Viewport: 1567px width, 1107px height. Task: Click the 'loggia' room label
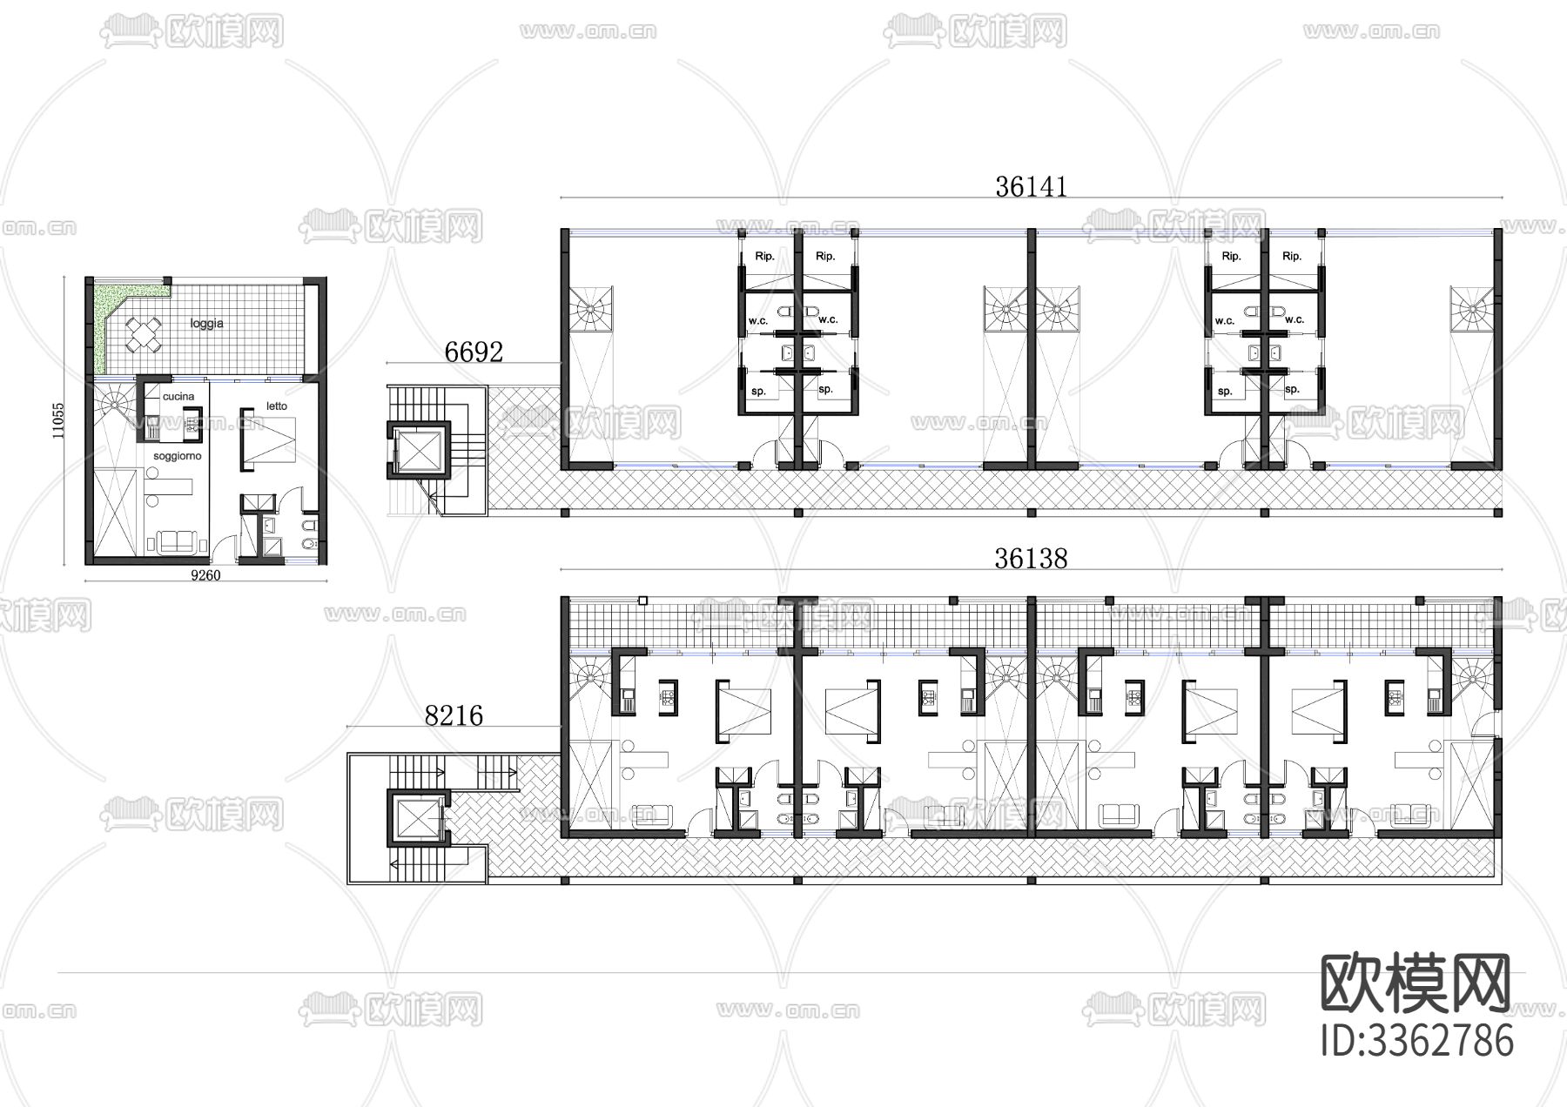(206, 323)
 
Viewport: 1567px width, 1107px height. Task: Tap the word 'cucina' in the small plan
(178, 396)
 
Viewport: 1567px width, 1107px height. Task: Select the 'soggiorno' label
(178, 456)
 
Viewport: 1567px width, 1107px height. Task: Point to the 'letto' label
(277, 406)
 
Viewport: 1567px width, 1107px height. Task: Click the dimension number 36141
(1031, 186)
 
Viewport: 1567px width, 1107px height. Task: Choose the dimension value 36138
(1031, 558)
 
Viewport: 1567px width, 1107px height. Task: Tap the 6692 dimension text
(474, 352)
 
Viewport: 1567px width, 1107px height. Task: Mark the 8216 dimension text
(454, 715)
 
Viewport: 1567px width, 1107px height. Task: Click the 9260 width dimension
(205, 575)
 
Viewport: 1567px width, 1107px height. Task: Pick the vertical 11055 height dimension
(58, 419)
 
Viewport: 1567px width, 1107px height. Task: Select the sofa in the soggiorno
(178, 541)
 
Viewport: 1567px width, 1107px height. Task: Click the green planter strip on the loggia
(102, 326)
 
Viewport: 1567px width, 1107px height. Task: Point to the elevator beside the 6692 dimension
(420, 450)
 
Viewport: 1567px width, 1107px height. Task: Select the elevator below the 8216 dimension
(420, 818)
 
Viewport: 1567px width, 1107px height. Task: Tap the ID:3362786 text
(1416, 1040)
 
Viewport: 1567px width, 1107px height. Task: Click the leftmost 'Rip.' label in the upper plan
(764, 256)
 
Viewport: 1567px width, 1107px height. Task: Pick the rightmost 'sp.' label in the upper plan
(1292, 389)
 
